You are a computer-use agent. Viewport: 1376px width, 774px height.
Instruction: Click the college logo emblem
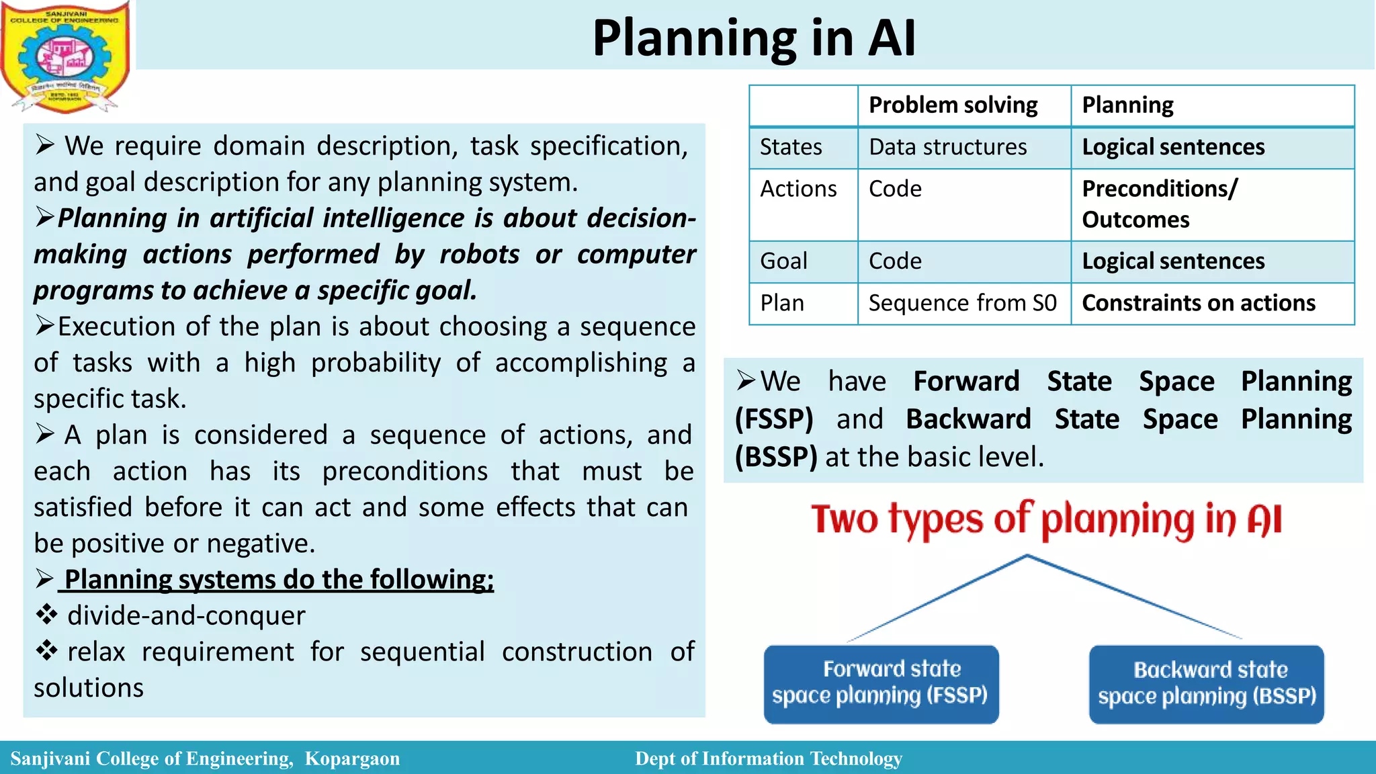tap(65, 57)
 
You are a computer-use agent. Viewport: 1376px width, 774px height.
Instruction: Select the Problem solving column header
tap(953, 105)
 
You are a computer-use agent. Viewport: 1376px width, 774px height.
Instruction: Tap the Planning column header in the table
tap(1127, 105)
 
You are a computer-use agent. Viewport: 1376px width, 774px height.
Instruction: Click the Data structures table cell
tap(947, 147)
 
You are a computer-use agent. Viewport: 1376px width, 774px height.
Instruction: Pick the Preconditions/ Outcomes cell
tap(1159, 204)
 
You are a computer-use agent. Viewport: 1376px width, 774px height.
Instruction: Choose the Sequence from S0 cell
tap(962, 304)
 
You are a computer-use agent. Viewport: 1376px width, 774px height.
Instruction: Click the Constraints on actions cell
tap(1198, 304)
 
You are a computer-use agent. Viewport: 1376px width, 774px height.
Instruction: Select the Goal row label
tap(783, 261)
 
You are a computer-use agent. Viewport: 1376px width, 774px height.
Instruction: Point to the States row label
tap(791, 147)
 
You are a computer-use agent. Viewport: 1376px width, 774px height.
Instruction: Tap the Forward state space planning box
tap(881, 683)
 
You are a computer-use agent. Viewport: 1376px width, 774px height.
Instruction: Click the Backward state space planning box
tap(1206, 684)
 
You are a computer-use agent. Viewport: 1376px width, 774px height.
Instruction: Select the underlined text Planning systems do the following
tap(278, 580)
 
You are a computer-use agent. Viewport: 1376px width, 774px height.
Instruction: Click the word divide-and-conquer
tap(186, 616)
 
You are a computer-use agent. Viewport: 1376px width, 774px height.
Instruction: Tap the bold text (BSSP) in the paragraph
tap(776, 458)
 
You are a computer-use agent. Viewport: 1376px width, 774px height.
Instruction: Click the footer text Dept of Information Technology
tap(768, 759)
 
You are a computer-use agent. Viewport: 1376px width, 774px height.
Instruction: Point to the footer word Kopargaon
tap(352, 759)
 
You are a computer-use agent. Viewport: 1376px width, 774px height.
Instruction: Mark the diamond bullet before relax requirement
tap(46, 650)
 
